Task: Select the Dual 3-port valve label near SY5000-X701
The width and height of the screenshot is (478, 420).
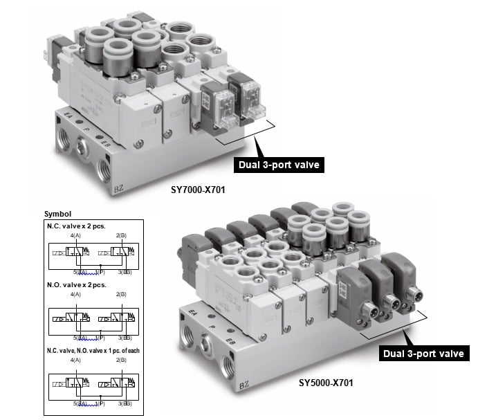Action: pyautogui.click(x=424, y=354)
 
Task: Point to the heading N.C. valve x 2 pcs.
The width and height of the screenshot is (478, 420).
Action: pyautogui.click(x=75, y=227)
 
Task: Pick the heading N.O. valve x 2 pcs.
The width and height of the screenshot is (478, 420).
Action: pyautogui.click(x=75, y=284)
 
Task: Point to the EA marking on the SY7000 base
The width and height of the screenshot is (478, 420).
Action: pyautogui.click(x=67, y=113)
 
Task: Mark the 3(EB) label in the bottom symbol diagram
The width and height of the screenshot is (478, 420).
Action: pyautogui.click(x=125, y=402)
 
